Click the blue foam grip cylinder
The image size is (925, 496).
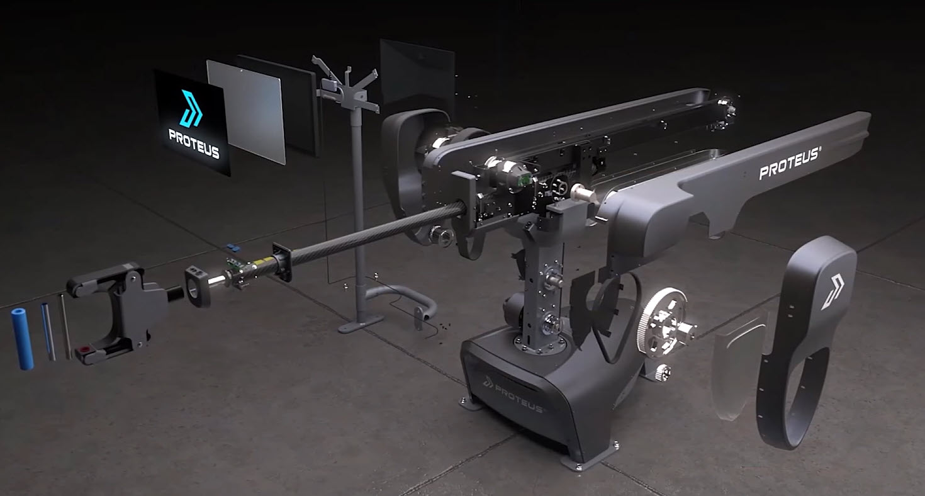coord(22,339)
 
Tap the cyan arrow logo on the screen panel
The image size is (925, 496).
coord(191,108)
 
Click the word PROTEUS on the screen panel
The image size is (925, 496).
coord(194,144)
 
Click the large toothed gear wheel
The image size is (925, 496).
coord(660,321)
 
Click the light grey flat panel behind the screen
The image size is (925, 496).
coord(246,111)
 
